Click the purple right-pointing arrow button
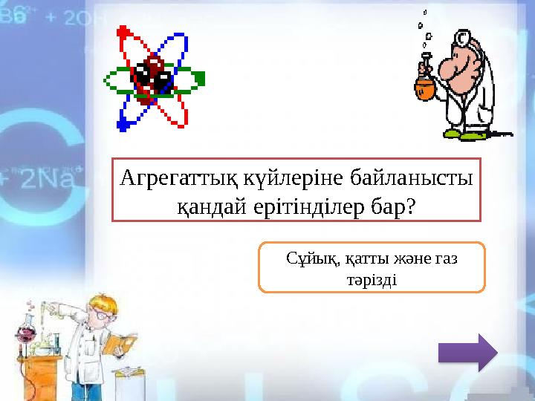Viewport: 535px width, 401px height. (x=467, y=352)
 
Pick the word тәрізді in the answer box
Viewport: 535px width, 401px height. (x=372, y=280)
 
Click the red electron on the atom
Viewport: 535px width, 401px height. (x=123, y=33)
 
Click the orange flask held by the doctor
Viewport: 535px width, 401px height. (x=425, y=86)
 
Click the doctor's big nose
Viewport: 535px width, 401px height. (x=447, y=68)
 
